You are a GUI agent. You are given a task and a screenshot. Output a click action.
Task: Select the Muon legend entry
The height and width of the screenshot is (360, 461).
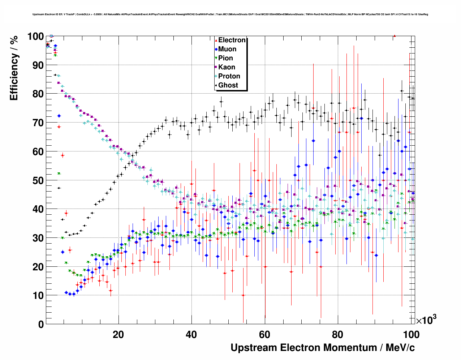pos(227,49)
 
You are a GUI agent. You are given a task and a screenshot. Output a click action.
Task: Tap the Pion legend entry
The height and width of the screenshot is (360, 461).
pos(225,58)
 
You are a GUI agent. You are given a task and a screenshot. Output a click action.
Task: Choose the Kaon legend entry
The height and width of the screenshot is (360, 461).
pos(227,67)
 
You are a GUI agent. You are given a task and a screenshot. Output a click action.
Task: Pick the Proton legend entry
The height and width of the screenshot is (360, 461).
pos(229,76)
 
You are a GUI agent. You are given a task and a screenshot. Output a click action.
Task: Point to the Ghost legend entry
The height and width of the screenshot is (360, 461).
pos(228,85)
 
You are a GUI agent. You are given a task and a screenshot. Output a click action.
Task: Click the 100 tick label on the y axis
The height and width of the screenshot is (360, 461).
pos(35,37)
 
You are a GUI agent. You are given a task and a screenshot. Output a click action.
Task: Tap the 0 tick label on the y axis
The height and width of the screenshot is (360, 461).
pos(41,325)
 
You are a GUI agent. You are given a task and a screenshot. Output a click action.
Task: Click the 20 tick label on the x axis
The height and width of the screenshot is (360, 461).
pos(118,335)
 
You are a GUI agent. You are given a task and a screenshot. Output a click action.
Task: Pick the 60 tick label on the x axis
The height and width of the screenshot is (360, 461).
pos(264,335)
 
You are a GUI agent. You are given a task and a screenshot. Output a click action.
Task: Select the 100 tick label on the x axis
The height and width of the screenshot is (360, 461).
pos(411,335)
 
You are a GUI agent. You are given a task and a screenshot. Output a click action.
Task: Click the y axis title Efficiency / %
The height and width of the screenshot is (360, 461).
pos(14,69)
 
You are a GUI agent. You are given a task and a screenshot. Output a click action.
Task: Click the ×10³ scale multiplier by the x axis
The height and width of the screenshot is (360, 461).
pos(426,320)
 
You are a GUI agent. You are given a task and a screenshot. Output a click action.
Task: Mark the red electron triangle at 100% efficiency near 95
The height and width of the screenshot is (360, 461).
pos(395,36)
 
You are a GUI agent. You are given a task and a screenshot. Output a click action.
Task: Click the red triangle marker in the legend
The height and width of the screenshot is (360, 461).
pos(216,40)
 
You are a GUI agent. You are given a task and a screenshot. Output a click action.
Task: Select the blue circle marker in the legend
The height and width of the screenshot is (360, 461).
pos(216,50)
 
